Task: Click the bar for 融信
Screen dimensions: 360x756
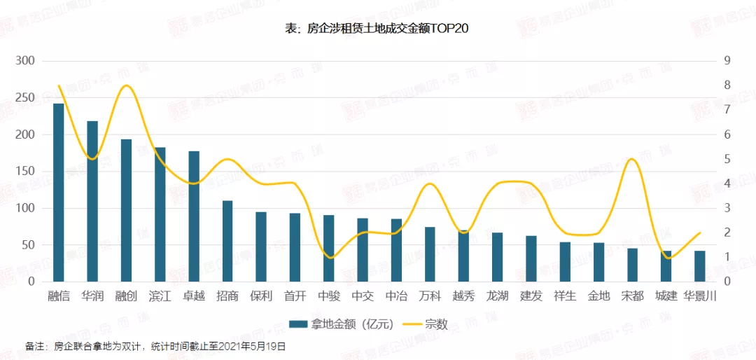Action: tap(59, 193)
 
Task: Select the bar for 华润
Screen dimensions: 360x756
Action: tap(92, 201)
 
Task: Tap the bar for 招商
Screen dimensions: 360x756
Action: tap(227, 241)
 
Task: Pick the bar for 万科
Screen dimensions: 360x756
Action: tap(430, 254)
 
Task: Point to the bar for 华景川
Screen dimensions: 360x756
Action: tap(699, 266)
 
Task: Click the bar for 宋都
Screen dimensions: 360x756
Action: tap(632, 265)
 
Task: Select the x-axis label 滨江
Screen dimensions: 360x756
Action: tap(160, 296)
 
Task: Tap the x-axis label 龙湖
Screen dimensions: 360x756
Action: tap(497, 296)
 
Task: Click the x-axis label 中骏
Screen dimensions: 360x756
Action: tap(328, 296)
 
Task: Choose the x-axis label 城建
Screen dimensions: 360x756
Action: tap(666, 296)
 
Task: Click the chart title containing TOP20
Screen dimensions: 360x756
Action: tap(378, 29)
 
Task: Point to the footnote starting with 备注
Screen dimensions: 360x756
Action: tap(155, 347)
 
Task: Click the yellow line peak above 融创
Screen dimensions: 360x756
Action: tap(127, 85)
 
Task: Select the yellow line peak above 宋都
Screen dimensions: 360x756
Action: tap(632, 159)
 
